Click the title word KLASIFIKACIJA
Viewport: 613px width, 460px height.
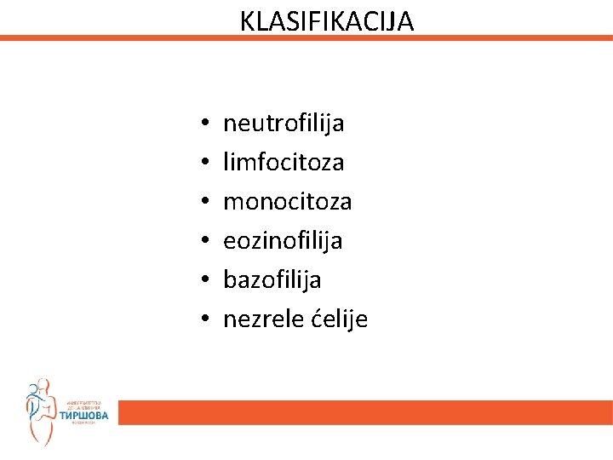click(x=327, y=20)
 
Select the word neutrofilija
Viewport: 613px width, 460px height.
click(x=284, y=124)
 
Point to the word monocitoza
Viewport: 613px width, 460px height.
click(x=287, y=202)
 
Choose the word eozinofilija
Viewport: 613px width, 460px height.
click(x=283, y=241)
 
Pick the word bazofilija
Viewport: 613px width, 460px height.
click(x=272, y=280)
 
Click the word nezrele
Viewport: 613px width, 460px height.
click(x=258, y=319)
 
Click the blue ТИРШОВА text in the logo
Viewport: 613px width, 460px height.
click(x=83, y=417)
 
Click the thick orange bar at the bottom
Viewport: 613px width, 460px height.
click(x=366, y=413)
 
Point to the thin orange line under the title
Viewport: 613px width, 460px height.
click(x=306, y=38)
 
